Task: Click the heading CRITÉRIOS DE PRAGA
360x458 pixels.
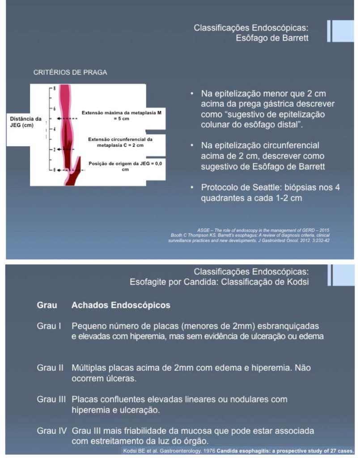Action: (70, 72)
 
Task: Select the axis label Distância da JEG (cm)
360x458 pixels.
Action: (25, 122)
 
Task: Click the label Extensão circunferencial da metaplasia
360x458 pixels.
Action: (121, 142)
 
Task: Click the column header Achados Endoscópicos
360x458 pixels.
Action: (121, 305)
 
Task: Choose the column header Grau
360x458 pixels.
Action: (47, 305)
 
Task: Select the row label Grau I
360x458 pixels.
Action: (49, 326)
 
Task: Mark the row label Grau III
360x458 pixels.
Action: (51, 399)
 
